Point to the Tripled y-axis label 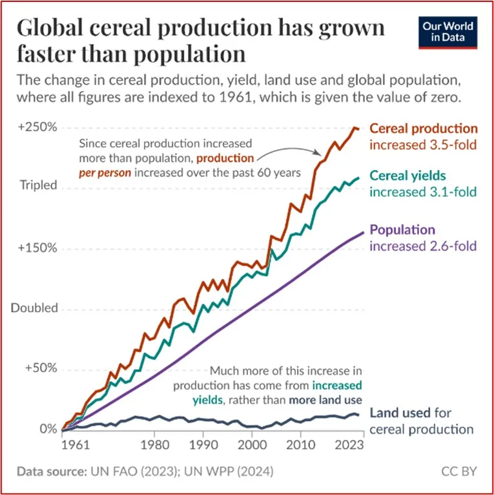pos(38,185)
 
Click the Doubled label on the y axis pos(34,308)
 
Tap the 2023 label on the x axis pos(351,447)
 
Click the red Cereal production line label pos(423,129)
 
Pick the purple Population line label pos(402,230)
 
